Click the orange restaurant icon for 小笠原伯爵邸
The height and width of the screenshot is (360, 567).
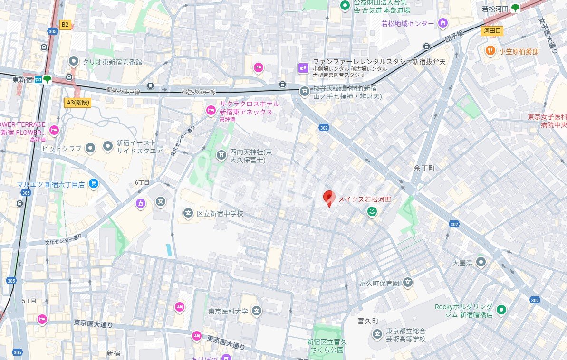[490, 50]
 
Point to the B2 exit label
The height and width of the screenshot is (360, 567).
[65, 24]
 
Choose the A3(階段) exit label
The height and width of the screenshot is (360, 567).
[77, 102]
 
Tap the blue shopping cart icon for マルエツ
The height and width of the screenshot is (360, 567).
[94, 183]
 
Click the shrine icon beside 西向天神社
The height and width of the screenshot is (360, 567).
[221, 155]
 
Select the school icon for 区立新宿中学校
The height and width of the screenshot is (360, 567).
[188, 214]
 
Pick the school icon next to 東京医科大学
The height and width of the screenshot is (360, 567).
[257, 312]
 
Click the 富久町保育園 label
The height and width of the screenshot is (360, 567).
[379, 284]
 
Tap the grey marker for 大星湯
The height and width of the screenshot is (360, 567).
[481, 262]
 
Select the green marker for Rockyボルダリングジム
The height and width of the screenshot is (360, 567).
[500, 311]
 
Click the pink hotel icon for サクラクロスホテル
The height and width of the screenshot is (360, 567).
[211, 111]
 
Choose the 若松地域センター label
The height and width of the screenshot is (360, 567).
[407, 23]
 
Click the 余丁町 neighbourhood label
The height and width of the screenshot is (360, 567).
[424, 168]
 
